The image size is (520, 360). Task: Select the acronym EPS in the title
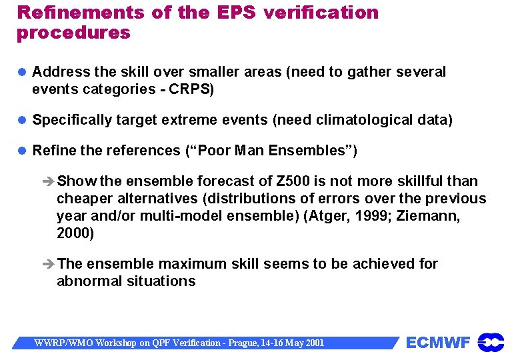pos(234,13)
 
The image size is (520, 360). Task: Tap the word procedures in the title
pos(73,33)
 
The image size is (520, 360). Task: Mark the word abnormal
pos(87,281)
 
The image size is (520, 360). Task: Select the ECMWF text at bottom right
pos(438,343)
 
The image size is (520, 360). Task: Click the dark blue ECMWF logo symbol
pos(491,342)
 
